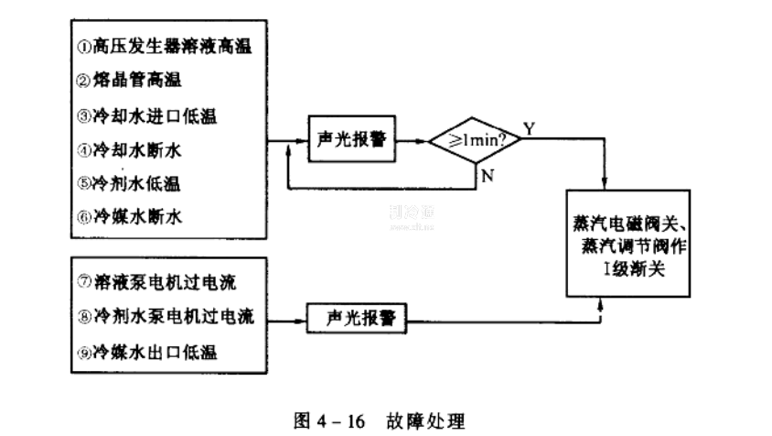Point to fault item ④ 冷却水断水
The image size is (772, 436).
pyautogui.click(x=136, y=148)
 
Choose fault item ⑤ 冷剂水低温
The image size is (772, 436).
pyautogui.click(x=136, y=183)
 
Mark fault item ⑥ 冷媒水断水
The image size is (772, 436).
pyautogui.click(x=136, y=217)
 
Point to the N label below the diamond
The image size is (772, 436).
pyautogui.click(x=488, y=175)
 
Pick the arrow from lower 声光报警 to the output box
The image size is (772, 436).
pyautogui.click(x=485, y=321)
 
